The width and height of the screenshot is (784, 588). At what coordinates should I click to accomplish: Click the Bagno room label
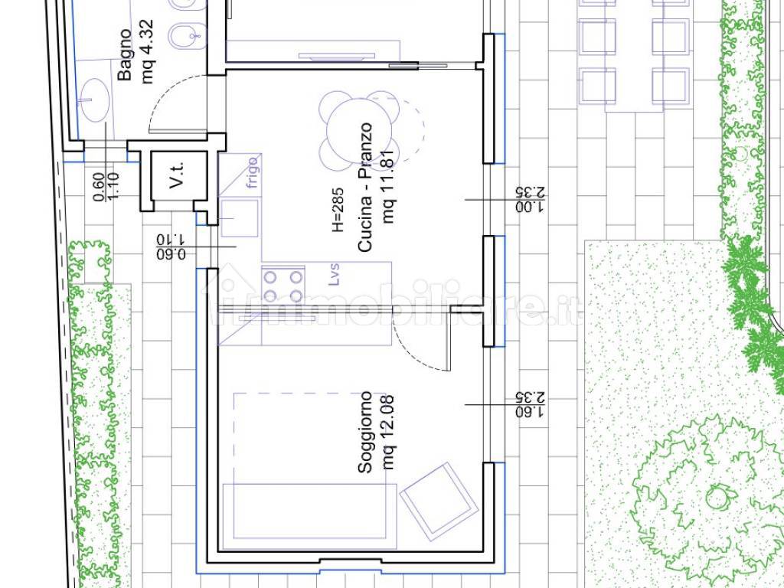pos(126,54)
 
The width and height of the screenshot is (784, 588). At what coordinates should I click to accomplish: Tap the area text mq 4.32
pos(148,51)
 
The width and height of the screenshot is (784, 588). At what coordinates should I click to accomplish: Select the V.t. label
pos(177,175)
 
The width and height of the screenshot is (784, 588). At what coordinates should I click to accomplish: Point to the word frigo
pos(253,172)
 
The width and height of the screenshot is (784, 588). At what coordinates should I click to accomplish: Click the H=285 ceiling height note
pos(338,210)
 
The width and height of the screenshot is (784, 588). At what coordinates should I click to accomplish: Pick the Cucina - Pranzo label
pos(365,188)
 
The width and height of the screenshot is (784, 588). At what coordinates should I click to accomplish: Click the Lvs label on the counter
pos(335,275)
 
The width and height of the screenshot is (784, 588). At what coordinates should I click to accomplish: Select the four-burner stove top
pos(283,285)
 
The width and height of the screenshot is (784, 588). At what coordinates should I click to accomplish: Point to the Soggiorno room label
pos(365,432)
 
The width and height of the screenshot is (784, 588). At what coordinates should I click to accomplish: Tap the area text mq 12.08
pos(388,433)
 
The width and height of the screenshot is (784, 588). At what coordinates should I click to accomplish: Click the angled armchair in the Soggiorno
pos(439,501)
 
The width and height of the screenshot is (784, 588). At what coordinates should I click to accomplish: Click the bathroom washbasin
pos(94,100)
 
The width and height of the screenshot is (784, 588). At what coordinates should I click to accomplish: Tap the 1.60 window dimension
pos(530,411)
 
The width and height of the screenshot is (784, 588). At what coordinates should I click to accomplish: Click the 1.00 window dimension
pos(530,207)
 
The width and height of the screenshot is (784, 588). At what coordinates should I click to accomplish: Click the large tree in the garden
pos(710,498)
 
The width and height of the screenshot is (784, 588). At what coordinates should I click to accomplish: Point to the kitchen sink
pos(240,218)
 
